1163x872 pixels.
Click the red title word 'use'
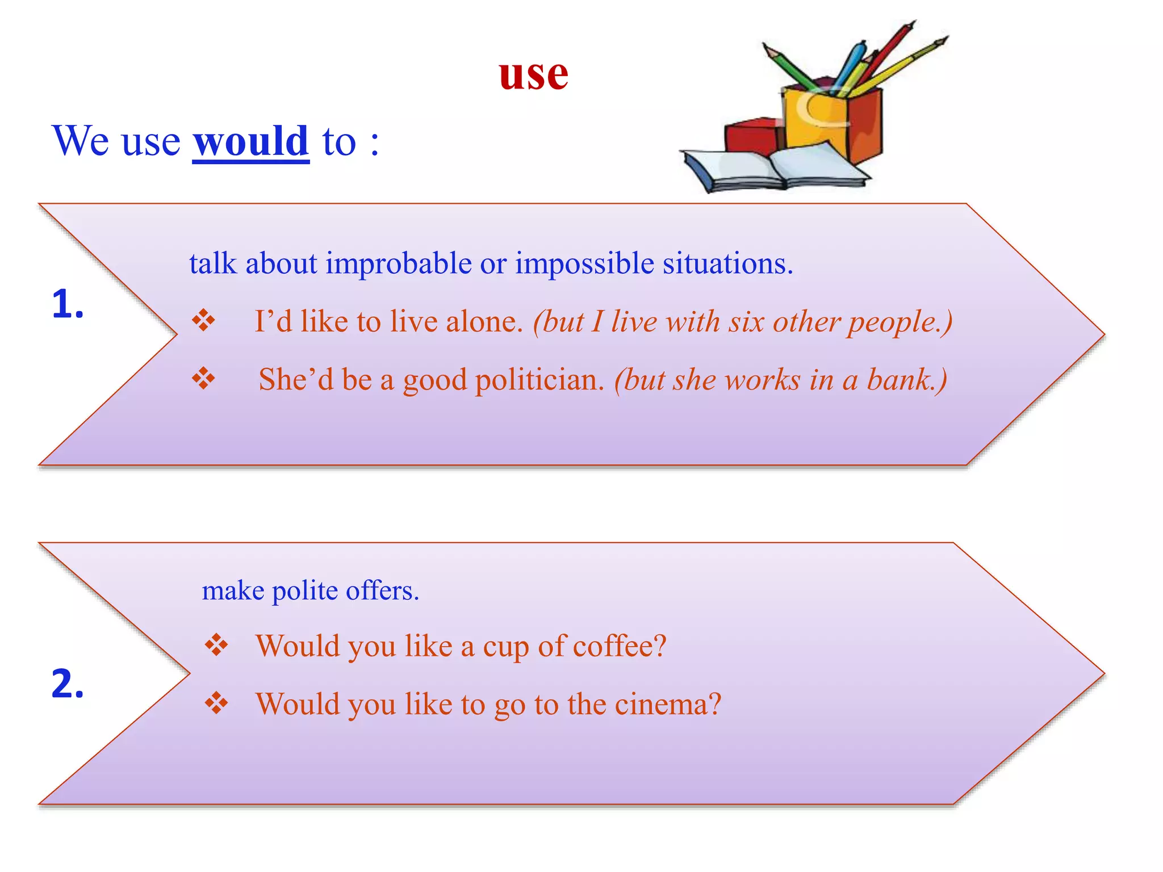533,76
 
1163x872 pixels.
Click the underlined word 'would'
250,141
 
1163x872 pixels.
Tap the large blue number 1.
67,304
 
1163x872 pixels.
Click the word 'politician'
539,380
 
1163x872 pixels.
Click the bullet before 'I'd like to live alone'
203,321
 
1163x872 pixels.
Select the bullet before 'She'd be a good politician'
203,379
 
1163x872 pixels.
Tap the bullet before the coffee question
216,645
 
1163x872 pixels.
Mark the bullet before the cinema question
216,704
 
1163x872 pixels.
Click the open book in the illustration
778,168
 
